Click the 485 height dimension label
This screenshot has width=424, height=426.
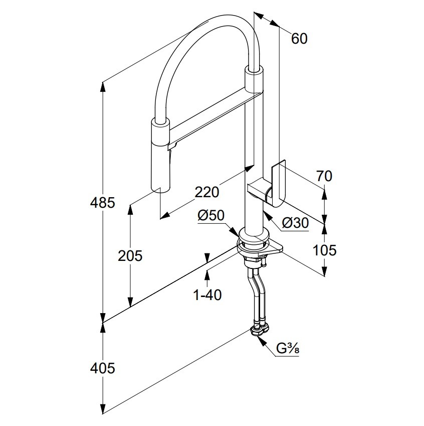(103, 203)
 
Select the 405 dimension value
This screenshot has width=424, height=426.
(103, 368)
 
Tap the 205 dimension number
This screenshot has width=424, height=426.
(130, 255)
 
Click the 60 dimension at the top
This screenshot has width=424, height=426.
(299, 38)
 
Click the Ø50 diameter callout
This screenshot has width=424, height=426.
(211, 215)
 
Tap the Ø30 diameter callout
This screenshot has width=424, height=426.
(295, 223)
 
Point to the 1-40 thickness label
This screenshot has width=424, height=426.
(207, 295)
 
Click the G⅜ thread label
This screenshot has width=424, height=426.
(288, 348)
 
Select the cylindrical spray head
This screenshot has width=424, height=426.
(161, 156)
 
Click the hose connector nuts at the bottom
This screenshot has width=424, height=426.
(260, 329)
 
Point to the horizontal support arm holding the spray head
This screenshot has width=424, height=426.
(210, 114)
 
